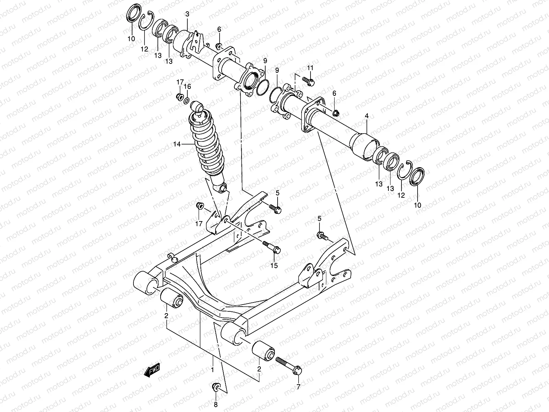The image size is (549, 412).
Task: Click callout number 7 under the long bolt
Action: pyautogui.click(x=298, y=387)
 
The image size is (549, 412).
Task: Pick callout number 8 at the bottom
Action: pyautogui.click(x=215, y=404)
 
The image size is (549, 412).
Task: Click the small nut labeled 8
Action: pyautogui.click(x=217, y=387)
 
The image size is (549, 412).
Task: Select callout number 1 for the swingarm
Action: pyautogui.click(x=212, y=370)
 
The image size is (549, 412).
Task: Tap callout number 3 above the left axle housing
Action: pyautogui.click(x=187, y=14)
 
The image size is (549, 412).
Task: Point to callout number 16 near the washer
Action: pyautogui.click(x=187, y=86)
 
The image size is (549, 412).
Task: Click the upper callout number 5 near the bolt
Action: pyautogui.click(x=277, y=193)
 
